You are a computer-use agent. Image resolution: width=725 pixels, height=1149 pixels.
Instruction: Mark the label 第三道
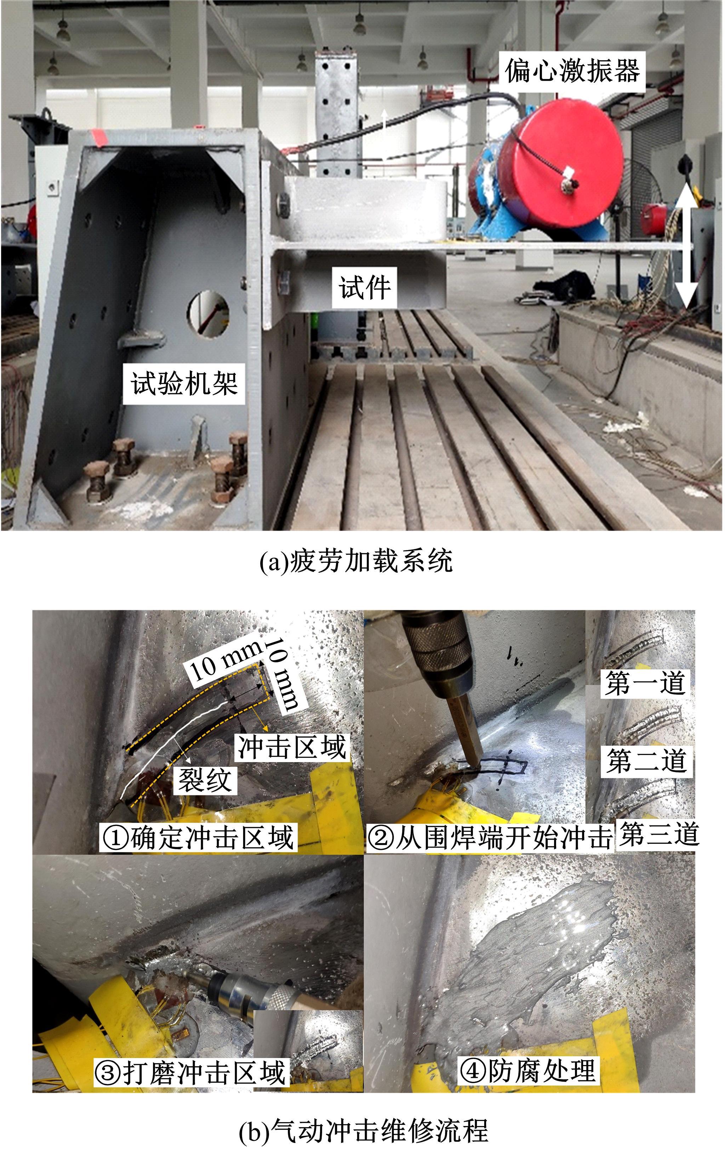tap(659, 834)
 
